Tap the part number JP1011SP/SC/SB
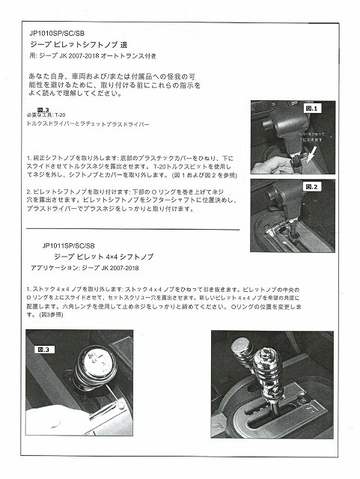(69, 245)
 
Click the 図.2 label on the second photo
(314, 186)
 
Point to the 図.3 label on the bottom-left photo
(45, 349)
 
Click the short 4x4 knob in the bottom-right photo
(242, 350)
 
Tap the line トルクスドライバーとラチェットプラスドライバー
(88, 123)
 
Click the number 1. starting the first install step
(28, 159)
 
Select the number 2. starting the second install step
(28, 192)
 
